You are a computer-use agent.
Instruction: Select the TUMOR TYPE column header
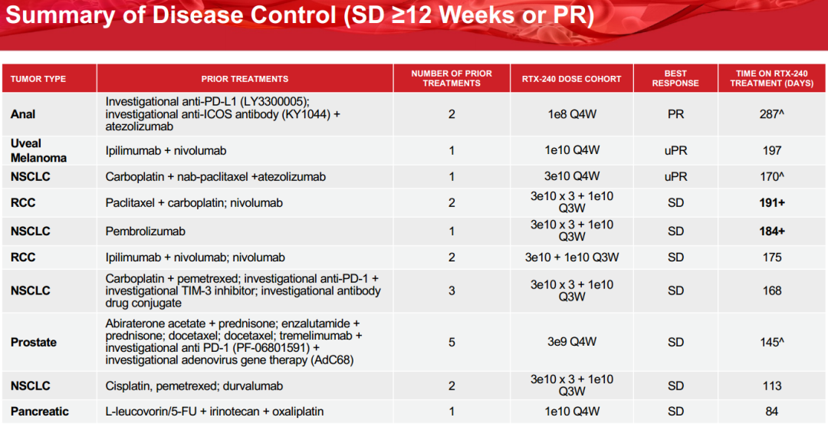[38, 79]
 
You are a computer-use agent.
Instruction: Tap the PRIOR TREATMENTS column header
[245, 79]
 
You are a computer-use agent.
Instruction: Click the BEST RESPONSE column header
[675, 78]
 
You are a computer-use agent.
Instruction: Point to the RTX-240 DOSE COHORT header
[572, 79]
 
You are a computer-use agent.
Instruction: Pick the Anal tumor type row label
[23, 114]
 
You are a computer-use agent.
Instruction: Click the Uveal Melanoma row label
[38, 150]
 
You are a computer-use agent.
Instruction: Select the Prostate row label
[33, 342]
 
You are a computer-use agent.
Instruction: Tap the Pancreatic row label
[40, 411]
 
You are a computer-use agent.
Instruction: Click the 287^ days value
[772, 114]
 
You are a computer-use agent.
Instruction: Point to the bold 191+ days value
[772, 202]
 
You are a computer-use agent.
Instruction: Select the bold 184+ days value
[772, 232]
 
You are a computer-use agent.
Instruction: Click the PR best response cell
[676, 114]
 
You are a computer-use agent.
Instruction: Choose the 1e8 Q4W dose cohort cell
[572, 114]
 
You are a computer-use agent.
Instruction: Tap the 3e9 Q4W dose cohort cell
[572, 342]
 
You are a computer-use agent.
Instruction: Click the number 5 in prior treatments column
[452, 342]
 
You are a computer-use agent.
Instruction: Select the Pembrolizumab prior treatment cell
[145, 232]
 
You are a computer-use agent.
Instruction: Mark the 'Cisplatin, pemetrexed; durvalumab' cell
[194, 386]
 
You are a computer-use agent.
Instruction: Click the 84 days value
[772, 411]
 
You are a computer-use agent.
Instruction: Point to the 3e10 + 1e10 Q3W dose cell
[572, 258]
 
